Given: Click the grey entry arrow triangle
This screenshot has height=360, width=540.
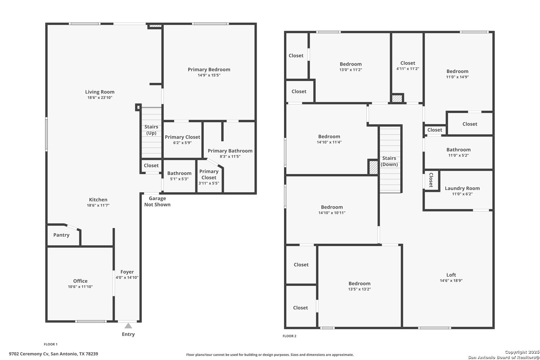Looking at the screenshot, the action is [x=128, y=326].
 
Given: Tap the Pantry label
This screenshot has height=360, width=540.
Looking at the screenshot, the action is [x=61, y=235].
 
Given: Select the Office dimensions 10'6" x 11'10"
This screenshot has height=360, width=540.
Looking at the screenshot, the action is [x=80, y=287].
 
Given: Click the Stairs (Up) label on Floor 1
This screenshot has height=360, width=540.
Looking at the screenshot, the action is [x=151, y=130].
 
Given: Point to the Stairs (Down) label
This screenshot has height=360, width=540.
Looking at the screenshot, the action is [x=389, y=161].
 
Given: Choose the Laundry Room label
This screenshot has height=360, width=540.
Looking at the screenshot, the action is [x=462, y=188].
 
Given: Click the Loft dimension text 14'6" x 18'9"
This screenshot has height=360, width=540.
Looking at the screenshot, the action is [x=451, y=280].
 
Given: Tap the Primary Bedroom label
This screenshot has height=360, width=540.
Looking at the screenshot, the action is [x=209, y=69].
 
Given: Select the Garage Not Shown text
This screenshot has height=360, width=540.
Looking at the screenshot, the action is [x=157, y=201].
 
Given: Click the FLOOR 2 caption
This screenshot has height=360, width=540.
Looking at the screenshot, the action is [x=289, y=336].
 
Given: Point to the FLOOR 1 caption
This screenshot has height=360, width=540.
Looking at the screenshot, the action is [x=51, y=344].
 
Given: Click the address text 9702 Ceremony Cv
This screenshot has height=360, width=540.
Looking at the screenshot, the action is [x=29, y=354].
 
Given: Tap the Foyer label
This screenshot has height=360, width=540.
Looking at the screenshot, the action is [x=127, y=272].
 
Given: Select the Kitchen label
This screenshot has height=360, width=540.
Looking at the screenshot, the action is [x=98, y=200].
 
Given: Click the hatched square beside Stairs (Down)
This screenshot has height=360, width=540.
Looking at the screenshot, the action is [x=373, y=167].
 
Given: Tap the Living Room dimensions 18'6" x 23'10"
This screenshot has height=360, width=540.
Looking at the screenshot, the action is [x=100, y=98].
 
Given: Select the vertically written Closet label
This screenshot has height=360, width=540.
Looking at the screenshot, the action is [x=431, y=180].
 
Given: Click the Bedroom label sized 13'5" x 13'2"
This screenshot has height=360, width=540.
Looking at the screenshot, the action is [x=359, y=284].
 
